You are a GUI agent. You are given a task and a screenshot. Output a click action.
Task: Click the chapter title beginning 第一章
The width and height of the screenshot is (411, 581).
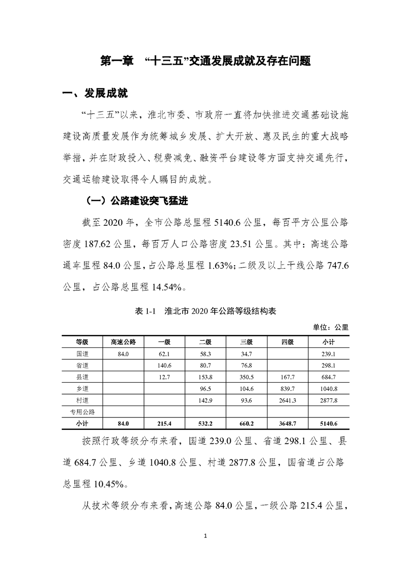pos(205,61)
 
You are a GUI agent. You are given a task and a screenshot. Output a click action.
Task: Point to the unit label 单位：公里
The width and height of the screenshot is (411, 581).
pos(330,327)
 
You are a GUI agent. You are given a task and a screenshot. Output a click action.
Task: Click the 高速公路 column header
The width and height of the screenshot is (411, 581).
pos(123,342)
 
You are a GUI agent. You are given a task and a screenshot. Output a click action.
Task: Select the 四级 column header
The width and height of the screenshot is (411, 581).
pos(288,342)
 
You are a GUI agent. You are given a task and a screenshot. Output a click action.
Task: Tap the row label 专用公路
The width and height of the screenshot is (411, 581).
pos(81,412)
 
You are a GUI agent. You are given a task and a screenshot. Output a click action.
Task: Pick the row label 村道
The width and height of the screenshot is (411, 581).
pos(81,400)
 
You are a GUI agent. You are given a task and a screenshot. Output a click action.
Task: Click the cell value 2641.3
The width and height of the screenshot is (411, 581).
pos(288,400)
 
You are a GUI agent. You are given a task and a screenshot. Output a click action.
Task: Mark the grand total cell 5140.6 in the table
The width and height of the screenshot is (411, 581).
pos(329,424)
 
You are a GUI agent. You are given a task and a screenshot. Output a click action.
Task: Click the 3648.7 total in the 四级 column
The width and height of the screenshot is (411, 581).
pos(288,424)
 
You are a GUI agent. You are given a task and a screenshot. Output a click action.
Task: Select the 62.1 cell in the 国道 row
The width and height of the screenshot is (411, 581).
pos(164,354)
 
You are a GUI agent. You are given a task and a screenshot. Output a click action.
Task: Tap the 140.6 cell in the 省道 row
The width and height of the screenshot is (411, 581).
pos(164,365)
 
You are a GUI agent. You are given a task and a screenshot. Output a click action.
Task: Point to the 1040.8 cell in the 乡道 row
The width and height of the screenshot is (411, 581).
pos(329,388)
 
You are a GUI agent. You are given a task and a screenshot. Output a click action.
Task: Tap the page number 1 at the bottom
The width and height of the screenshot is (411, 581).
pos(206,550)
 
